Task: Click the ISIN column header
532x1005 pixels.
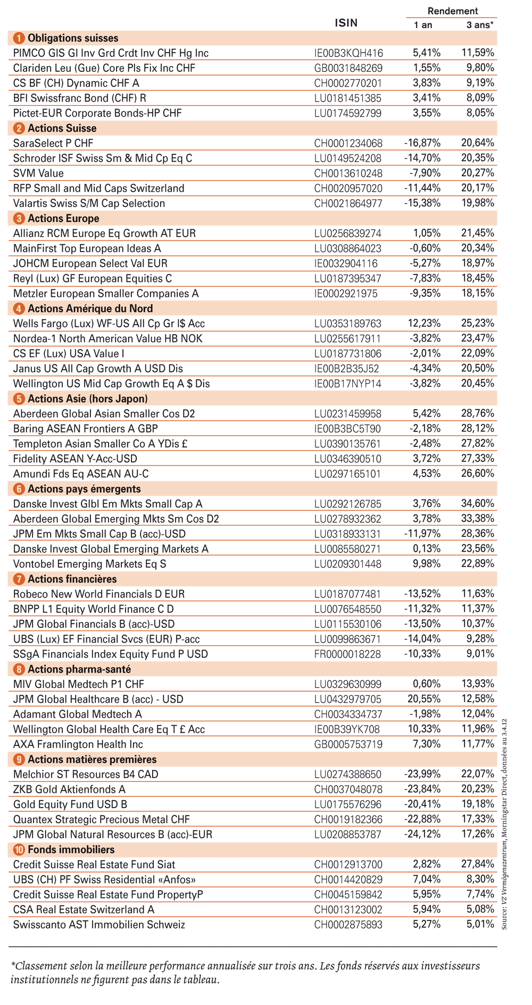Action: tap(346, 23)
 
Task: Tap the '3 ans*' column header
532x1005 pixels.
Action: tap(480, 24)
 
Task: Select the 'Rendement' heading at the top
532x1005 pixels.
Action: tap(452, 11)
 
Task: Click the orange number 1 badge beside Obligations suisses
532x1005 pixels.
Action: tap(19, 38)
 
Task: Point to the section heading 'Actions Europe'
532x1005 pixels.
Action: tap(63, 219)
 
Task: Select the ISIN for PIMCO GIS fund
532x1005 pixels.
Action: tap(348, 53)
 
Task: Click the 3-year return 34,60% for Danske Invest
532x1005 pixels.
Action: tap(477, 504)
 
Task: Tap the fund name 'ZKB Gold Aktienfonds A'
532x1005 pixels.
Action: tap(69, 790)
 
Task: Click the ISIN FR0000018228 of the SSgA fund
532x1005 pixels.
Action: tap(348, 654)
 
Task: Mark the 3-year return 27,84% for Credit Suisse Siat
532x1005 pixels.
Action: tap(477, 865)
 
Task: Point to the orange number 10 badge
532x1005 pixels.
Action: tap(19, 850)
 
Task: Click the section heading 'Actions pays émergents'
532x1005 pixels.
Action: tap(84, 489)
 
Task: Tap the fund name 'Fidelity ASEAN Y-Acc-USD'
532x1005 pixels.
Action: tap(75, 459)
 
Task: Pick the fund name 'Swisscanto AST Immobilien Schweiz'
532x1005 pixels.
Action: tap(99, 925)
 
